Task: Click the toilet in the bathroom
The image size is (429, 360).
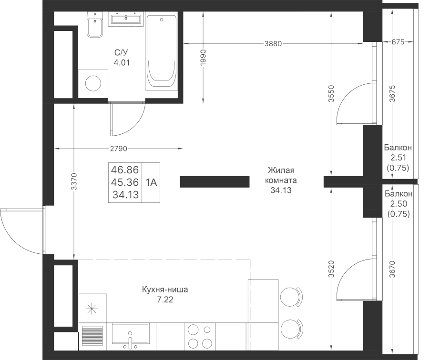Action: pyautogui.click(x=95, y=25)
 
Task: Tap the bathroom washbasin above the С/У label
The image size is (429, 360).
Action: pyautogui.click(x=126, y=19)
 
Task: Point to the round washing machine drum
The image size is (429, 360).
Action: pyautogui.click(x=93, y=83)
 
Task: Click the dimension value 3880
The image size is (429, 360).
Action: pyautogui.click(x=273, y=43)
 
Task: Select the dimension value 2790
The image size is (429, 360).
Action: pyautogui.click(x=119, y=149)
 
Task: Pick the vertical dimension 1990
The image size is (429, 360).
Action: pyautogui.click(x=203, y=58)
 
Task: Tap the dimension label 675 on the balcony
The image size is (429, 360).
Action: pyautogui.click(x=398, y=42)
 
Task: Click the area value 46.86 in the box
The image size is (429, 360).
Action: pyautogui.click(x=125, y=170)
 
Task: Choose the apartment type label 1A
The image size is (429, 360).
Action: pyautogui.click(x=151, y=182)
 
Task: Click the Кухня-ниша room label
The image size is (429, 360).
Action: pyautogui.click(x=165, y=290)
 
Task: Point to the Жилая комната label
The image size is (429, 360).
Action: pyautogui.click(x=281, y=175)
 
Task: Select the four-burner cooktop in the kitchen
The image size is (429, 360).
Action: pyautogui.click(x=200, y=337)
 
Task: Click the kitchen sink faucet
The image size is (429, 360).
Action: pyautogui.click(x=130, y=341)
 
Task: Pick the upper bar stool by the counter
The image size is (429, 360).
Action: pyautogui.click(x=292, y=297)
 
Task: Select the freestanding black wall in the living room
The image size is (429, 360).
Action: pyautogui.click(x=214, y=182)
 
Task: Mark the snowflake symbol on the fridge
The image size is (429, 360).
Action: pyautogui.click(x=92, y=309)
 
